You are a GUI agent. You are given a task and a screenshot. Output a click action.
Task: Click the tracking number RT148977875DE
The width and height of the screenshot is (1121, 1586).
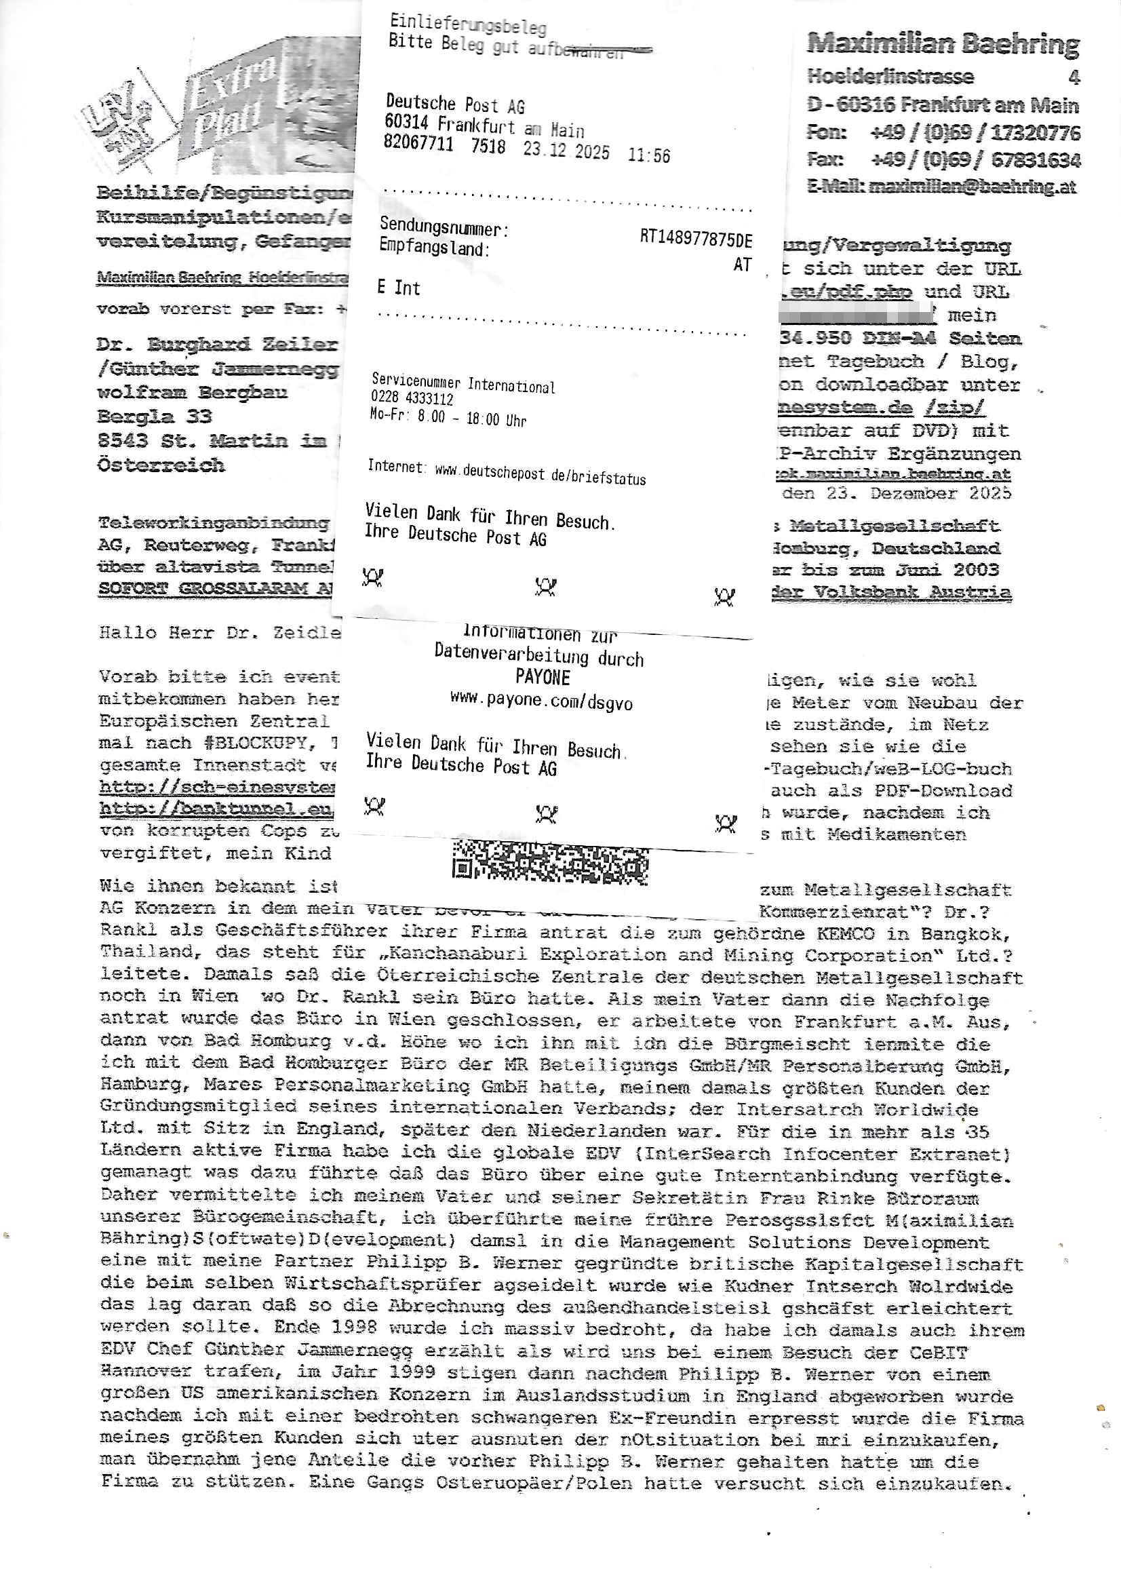pos(695,238)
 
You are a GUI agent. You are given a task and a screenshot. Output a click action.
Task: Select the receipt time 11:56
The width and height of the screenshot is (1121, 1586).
pos(648,155)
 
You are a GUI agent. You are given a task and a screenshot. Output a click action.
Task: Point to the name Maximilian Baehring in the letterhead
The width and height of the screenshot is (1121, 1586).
pos(942,44)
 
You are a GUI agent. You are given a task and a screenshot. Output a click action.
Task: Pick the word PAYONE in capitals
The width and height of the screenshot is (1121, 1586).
pos(543,678)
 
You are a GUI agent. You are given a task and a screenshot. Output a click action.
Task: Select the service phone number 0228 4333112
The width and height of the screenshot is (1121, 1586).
pos(412,399)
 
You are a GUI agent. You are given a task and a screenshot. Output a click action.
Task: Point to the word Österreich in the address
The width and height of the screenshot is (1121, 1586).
pos(161,465)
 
